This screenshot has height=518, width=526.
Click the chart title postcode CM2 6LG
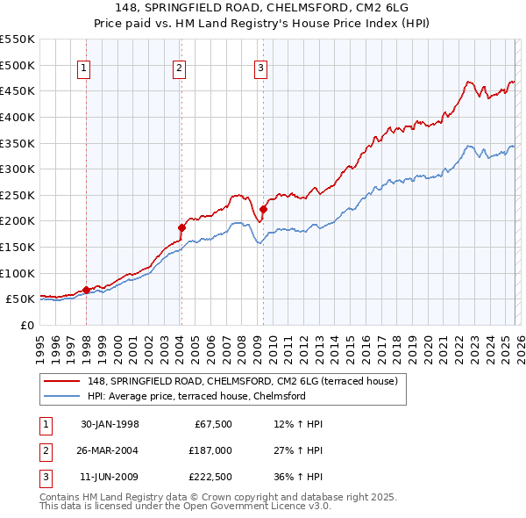[387, 8]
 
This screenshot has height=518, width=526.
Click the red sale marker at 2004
[182, 227]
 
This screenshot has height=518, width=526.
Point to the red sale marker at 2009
[263, 209]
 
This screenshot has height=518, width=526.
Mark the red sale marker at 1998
[87, 290]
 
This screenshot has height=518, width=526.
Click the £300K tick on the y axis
[18, 169]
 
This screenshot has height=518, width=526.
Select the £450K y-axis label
[18, 90]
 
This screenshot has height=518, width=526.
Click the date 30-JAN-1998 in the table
[110, 424]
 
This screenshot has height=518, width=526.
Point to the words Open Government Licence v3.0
[254, 507]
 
